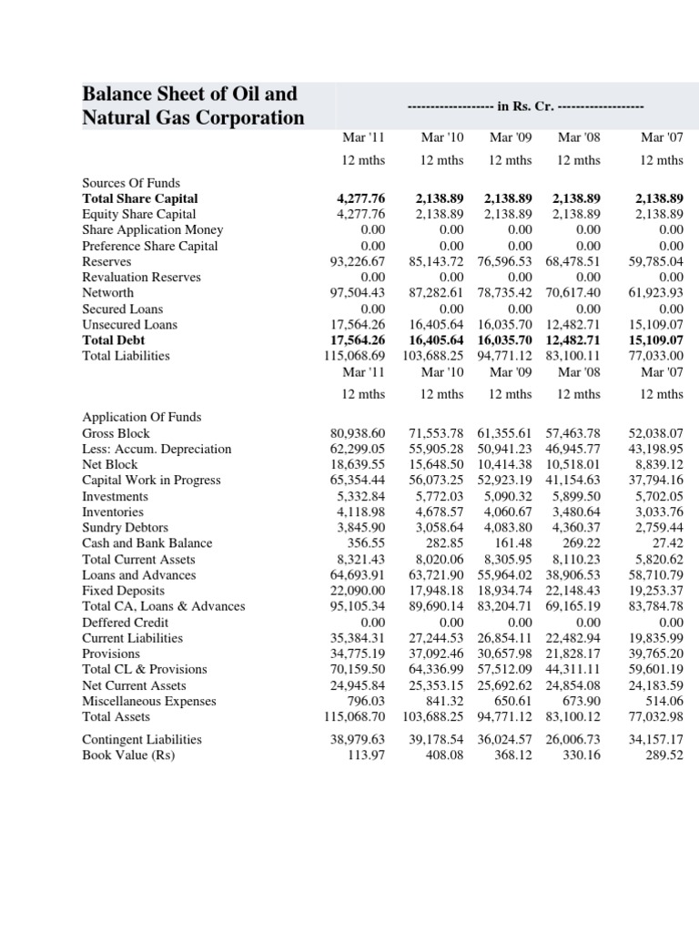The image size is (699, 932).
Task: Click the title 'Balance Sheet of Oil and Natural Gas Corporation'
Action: pyautogui.click(x=193, y=106)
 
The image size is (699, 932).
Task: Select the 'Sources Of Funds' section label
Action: pyautogui.click(x=131, y=182)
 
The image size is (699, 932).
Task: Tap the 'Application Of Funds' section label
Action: pyautogui.click(x=141, y=417)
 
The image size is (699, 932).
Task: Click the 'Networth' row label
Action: pyautogui.click(x=107, y=292)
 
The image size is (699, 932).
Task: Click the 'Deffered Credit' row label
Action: pyautogui.click(x=126, y=623)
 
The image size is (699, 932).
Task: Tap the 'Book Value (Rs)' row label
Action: pyautogui.click(x=128, y=755)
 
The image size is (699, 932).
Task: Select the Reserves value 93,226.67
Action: pyautogui.click(x=358, y=261)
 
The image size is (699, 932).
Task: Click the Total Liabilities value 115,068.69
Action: pyautogui.click(x=354, y=356)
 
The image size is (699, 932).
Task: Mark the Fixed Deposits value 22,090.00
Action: pyautogui.click(x=358, y=591)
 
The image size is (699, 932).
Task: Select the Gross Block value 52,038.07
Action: pyautogui.click(x=656, y=433)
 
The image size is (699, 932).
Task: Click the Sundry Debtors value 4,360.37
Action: pyautogui.click(x=577, y=528)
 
